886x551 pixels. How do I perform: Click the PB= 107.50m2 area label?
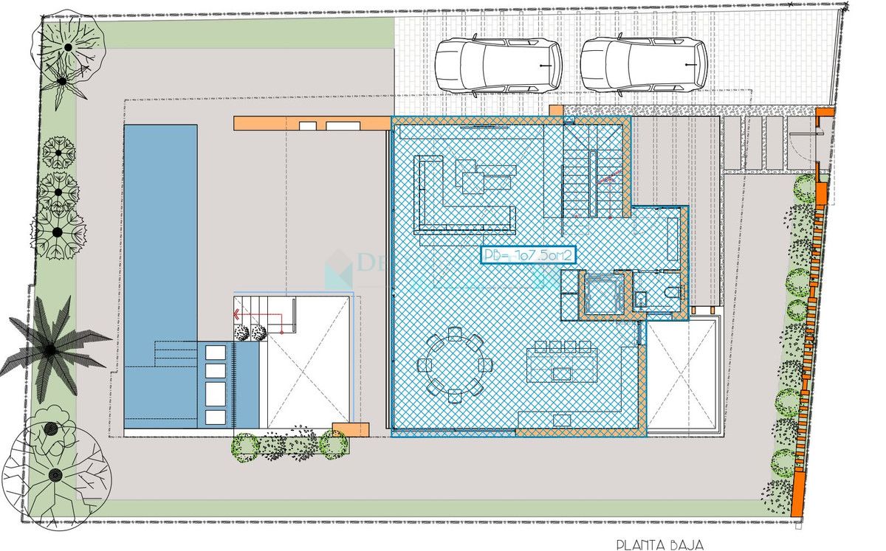tap(528, 255)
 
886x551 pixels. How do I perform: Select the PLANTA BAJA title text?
tap(660, 544)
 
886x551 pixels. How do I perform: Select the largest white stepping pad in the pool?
tap(216, 394)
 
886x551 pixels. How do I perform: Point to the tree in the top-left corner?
tap(66, 48)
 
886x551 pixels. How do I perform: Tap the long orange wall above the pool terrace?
tap(311, 123)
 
